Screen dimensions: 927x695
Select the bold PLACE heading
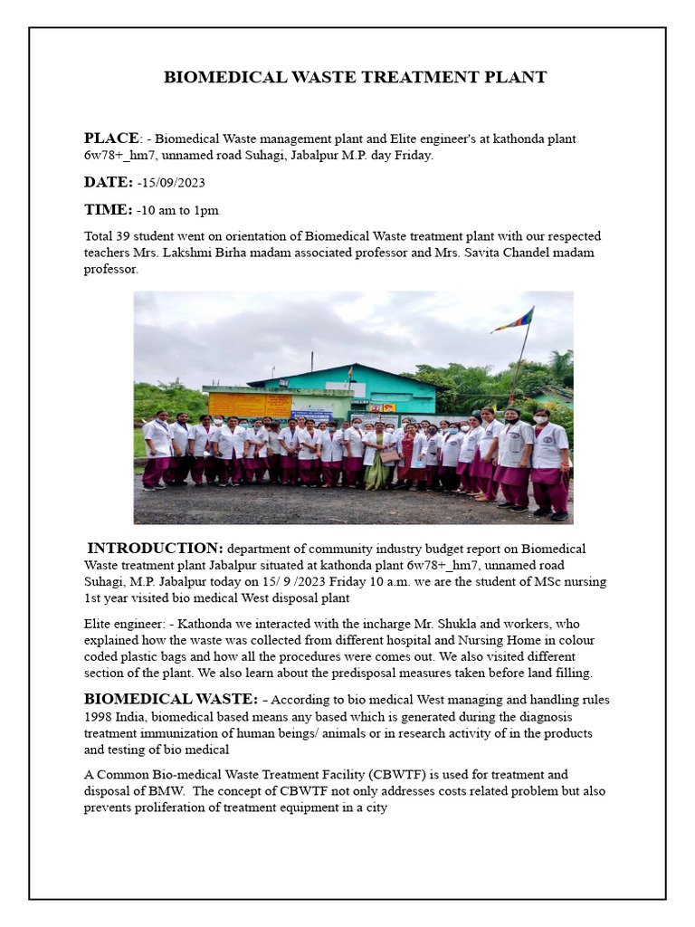(x=111, y=139)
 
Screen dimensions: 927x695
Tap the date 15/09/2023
(x=173, y=184)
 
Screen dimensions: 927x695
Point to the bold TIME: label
(x=108, y=210)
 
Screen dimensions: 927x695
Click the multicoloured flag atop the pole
(x=513, y=320)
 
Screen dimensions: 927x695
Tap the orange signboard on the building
(x=237, y=405)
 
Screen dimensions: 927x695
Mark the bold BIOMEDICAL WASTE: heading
(x=171, y=699)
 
